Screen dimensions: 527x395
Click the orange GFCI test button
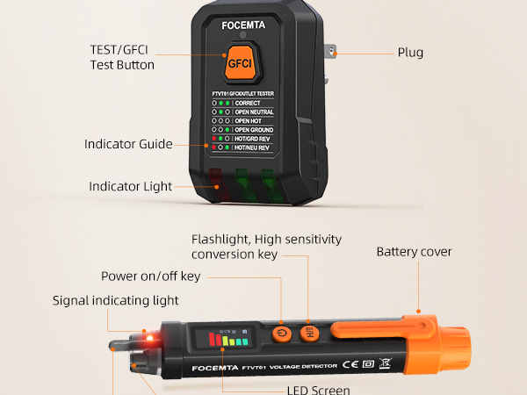click(x=241, y=63)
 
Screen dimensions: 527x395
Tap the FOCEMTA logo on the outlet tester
click(x=243, y=25)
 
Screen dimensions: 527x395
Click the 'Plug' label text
click(x=410, y=53)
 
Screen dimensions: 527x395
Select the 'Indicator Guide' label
click(x=128, y=144)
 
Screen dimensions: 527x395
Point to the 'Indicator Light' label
click(x=130, y=186)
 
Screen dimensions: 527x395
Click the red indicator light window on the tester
click(x=219, y=184)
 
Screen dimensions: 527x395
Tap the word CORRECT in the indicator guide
click(x=248, y=103)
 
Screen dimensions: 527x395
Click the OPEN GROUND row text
click(x=254, y=130)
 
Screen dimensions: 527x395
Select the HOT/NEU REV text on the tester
click(x=252, y=147)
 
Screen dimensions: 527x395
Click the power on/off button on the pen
click(x=282, y=334)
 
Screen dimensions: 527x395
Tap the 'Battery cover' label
click(x=414, y=252)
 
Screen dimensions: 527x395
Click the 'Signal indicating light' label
click(x=115, y=300)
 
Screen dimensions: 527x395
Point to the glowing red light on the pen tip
click(x=150, y=338)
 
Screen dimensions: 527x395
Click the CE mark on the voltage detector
click(x=350, y=364)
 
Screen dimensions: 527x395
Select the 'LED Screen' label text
click(x=319, y=390)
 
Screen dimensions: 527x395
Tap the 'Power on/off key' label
click(x=150, y=276)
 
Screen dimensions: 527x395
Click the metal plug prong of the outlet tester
click(x=330, y=52)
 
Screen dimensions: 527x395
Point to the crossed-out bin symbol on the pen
click(x=386, y=363)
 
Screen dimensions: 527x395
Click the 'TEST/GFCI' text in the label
click(x=119, y=50)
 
